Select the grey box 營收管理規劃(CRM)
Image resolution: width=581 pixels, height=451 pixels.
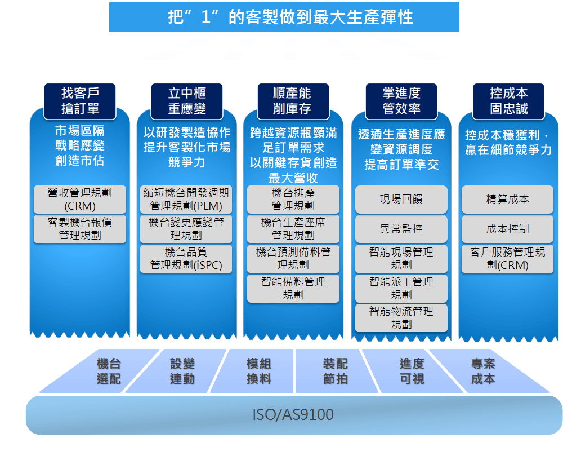tap(80, 200)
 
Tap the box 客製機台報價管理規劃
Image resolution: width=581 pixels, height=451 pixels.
tap(80, 229)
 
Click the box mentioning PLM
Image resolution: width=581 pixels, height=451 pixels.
tap(186, 200)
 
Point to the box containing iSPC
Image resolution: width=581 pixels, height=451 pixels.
tap(186, 259)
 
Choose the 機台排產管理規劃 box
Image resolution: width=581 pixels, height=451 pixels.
tap(293, 200)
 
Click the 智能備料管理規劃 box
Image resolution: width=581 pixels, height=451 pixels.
tap(293, 288)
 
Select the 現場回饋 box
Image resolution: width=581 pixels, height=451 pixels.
tap(401, 200)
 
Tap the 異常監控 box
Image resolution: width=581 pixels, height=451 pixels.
tap(401, 229)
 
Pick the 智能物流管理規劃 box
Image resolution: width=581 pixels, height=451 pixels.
tap(401, 318)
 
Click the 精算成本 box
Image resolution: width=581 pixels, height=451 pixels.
tap(508, 200)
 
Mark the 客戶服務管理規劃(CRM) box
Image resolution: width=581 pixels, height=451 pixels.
tap(508, 259)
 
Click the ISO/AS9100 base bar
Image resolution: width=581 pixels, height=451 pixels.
tap(293, 415)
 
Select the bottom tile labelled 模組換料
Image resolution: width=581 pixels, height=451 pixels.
tap(259, 371)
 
